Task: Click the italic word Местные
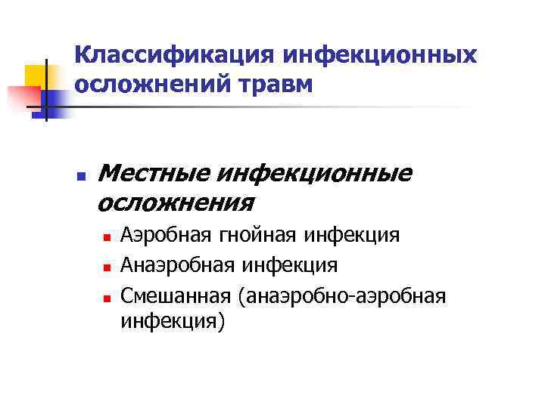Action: click(154, 174)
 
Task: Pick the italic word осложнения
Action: click(176, 202)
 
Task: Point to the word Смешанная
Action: click(176, 294)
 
